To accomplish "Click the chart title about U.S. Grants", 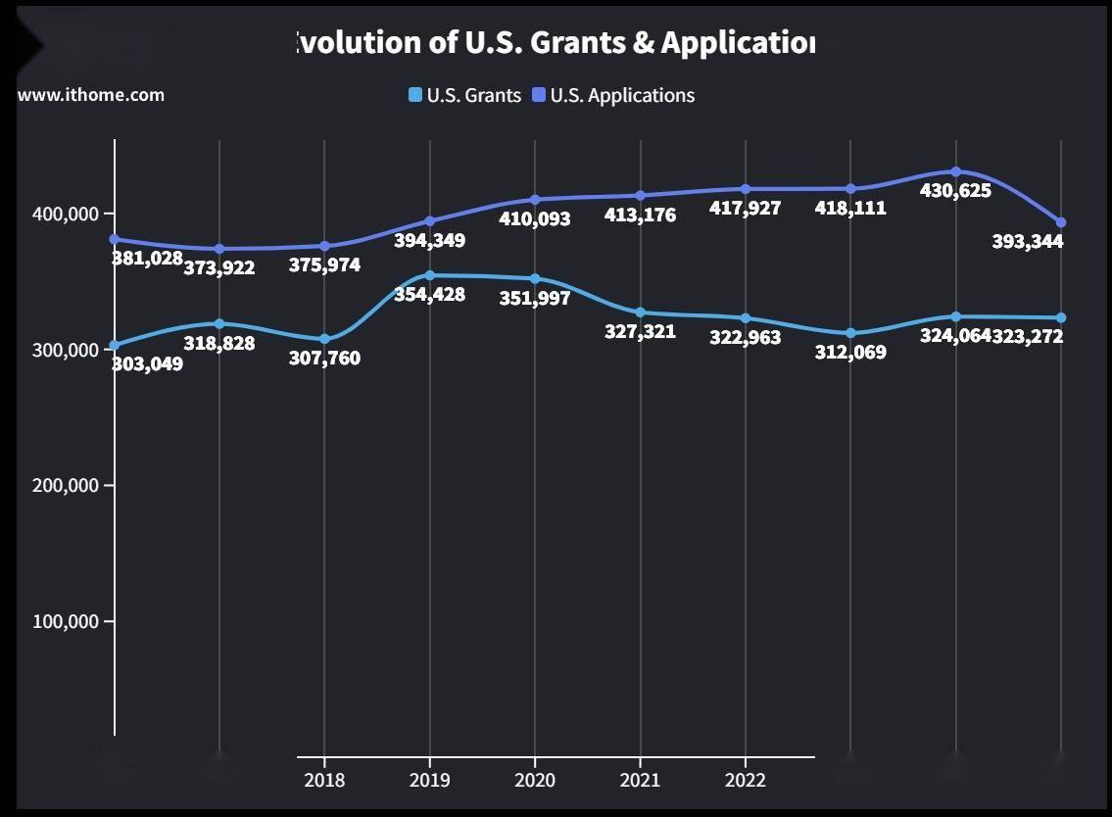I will (x=555, y=43).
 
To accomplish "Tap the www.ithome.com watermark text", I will (x=91, y=95).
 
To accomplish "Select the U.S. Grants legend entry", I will (x=465, y=95).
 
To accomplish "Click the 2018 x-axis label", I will (x=324, y=780).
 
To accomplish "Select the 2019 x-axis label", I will (x=429, y=780).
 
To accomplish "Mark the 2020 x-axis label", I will (x=535, y=780).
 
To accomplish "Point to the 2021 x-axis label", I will (x=640, y=780).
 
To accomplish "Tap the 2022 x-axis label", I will (x=746, y=780).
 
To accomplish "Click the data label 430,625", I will (x=955, y=191).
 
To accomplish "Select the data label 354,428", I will (x=429, y=294).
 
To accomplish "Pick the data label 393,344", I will (x=1027, y=241).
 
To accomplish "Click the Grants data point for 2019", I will (x=429, y=275).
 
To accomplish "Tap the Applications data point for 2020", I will (x=535, y=200).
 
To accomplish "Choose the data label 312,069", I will (x=850, y=353).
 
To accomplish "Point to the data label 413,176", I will (x=640, y=215).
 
